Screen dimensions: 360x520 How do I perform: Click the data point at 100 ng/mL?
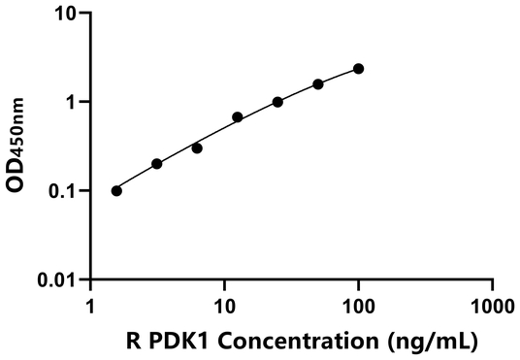point(359,69)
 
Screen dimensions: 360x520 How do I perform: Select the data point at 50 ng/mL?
point(318,84)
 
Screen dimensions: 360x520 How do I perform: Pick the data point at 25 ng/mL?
point(277,102)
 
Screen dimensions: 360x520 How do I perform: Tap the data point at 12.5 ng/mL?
point(238,117)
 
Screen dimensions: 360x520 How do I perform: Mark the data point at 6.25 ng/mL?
point(197,148)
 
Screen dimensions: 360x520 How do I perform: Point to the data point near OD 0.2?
point(157,164)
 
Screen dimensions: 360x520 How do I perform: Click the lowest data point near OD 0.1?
point(116,191)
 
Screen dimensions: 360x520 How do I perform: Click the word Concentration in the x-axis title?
point(293,342)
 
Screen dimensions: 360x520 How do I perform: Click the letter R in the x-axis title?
point(135,342)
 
